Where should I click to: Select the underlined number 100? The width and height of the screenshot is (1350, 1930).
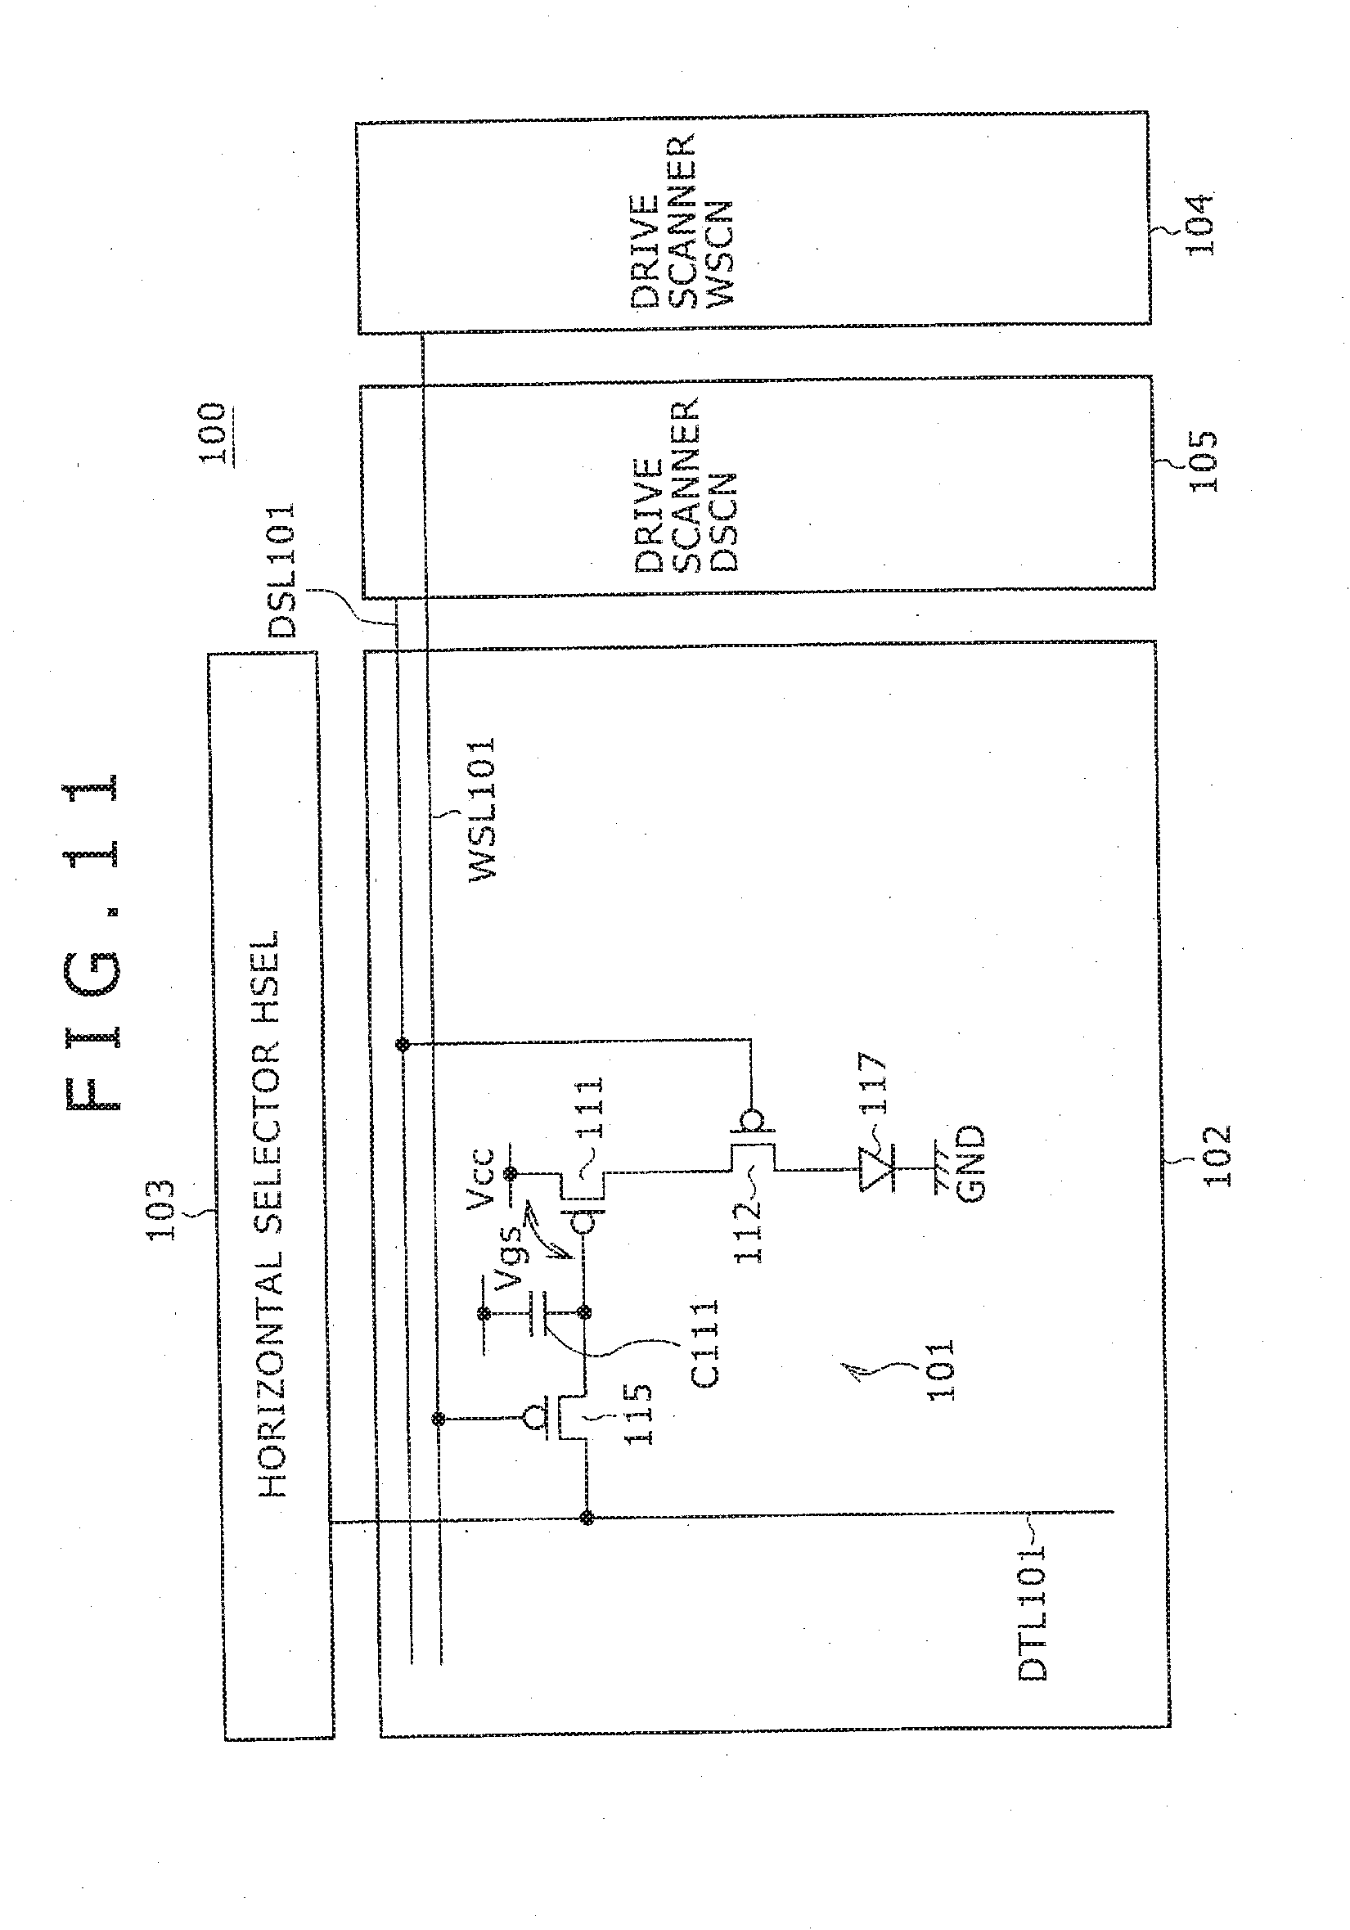coord(213,434)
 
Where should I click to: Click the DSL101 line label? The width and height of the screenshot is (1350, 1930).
coord(280,570)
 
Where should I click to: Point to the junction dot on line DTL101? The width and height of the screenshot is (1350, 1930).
coord(587,1518)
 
